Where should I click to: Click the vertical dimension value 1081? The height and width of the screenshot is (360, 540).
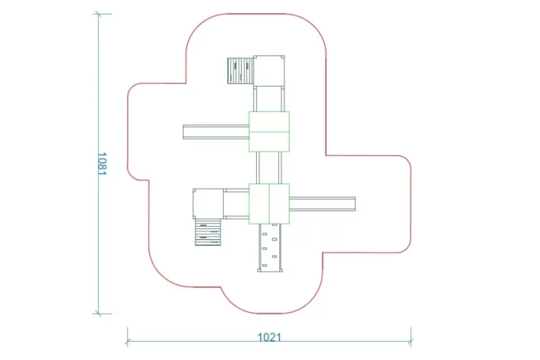coord(102,164)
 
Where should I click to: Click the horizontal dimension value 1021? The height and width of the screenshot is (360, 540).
coord(269,337)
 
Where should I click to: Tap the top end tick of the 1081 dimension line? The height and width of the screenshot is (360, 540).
coord(99,14)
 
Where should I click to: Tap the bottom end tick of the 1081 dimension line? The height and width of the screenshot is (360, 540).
coord(99,314)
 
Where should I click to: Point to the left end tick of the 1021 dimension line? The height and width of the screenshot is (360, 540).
coord(128,342)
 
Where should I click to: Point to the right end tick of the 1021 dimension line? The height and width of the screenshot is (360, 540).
coord(411,342)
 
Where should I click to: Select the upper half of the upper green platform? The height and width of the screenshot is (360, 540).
coord(269,122)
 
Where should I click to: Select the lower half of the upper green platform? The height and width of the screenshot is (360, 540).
coord(269,142)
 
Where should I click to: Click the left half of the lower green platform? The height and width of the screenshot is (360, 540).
coord(259,204)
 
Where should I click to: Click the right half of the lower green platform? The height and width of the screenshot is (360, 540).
coord(279,204)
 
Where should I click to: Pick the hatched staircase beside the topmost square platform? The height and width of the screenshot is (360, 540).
coord(240,71)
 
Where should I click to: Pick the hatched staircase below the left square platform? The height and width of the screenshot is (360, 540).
coord(208,232)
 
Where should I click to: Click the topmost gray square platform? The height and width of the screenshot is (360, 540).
coord(269,71)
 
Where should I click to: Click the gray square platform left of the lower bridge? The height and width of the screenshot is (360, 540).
coord(208,204)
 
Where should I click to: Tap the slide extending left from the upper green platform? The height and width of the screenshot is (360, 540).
coord(216,132)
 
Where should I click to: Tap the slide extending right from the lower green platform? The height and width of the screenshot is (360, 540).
coord(322,204)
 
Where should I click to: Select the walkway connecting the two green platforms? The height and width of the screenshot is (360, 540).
coord(269,167)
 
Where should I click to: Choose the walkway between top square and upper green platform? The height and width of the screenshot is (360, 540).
coord(269,99)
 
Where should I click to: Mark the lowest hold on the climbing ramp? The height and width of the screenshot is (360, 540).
coord(265,266)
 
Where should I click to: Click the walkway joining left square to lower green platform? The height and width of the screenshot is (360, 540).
coord(237,204)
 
